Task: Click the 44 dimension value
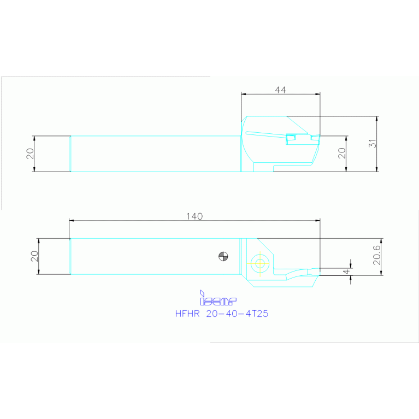point(280,90)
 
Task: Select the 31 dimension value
point(373,144)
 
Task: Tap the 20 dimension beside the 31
point(341,153)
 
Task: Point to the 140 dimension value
point(194,216)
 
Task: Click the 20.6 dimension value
point(377,256)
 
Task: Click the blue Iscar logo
point(218,299)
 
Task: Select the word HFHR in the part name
point(187,314)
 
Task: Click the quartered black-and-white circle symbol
point(223,256)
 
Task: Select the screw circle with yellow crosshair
point(259,263)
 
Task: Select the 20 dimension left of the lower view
point(34,256)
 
